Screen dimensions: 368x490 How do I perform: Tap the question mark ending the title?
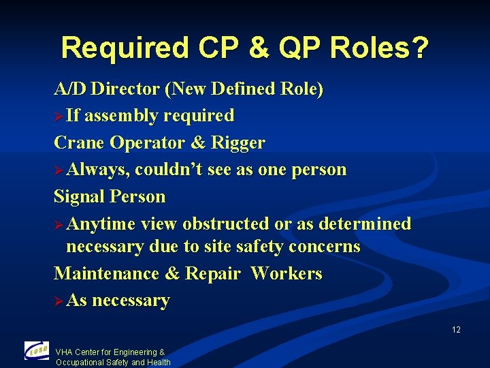point(421,48)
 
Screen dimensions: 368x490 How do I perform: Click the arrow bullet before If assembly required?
point(59,116)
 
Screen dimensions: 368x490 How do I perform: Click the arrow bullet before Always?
point(59,170)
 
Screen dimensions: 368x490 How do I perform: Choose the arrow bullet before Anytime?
point(59,224)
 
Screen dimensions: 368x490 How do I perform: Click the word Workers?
point(286,273)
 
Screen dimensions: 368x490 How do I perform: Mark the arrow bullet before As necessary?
point(59,301)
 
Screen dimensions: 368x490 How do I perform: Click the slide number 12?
point(455,330)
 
